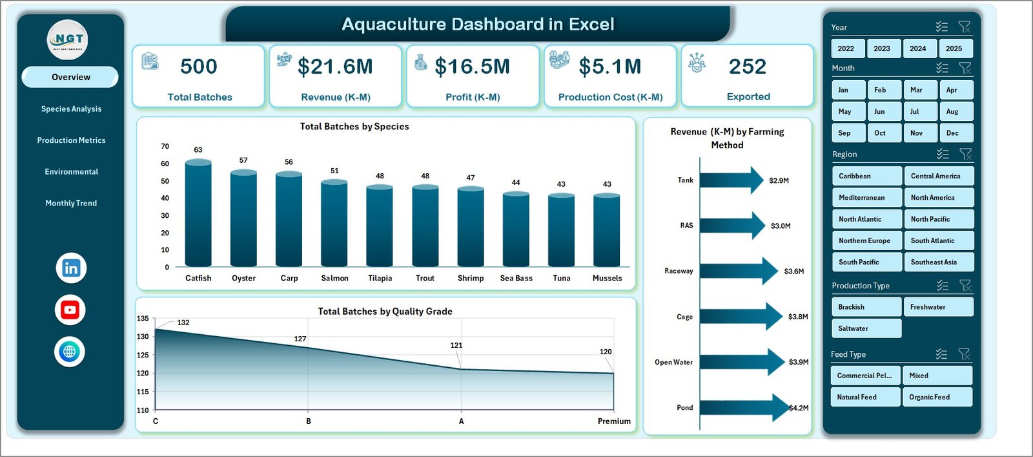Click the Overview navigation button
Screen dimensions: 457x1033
70,77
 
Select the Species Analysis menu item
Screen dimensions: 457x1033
71,109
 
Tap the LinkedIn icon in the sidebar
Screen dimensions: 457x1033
71,268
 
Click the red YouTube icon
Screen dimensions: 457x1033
70,310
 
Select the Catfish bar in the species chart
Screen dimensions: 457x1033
198,213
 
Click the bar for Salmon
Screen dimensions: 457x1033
334,223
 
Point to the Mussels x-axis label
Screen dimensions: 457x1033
607,278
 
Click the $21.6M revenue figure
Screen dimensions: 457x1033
335,67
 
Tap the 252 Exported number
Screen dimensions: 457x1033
748,67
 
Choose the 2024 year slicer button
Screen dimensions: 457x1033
917,48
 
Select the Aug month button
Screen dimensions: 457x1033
952,111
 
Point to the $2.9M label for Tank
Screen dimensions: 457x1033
779,180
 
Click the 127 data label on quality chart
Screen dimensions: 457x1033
300,339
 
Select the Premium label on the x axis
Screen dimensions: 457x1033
614,421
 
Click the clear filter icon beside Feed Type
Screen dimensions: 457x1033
965,354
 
